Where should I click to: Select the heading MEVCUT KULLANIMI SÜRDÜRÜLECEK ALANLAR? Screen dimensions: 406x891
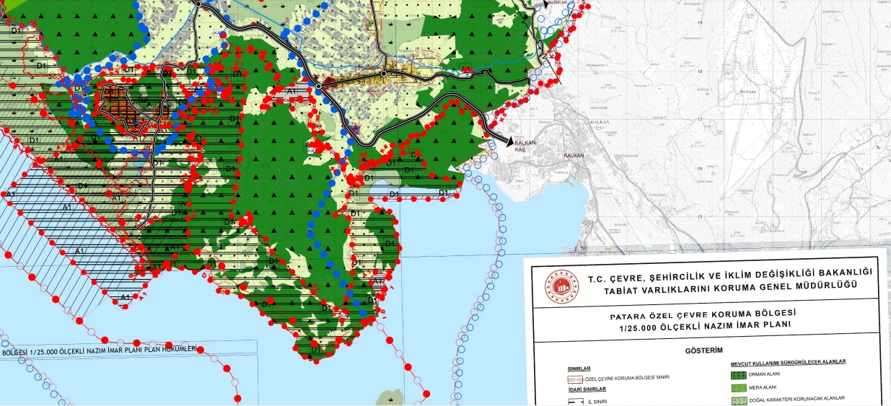(788, 362)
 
